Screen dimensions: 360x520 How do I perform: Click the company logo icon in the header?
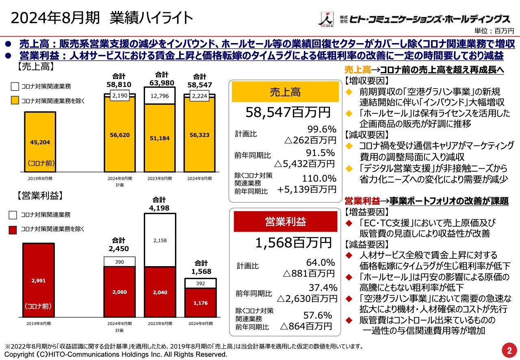[x=325, y=19]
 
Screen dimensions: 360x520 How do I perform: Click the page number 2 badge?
[x=509, y=349]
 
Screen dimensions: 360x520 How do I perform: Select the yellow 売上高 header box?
[x=285, y=92]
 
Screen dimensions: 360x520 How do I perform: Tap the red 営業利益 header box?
[x=285, y=221]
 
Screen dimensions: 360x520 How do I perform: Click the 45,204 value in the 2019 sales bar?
[x=40, y=142]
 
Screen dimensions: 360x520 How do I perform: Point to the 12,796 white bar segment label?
[x=160, y=96]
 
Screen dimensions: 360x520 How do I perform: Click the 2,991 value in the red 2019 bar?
[x=38, y=280]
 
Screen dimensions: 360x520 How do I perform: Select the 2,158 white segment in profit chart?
[x=160, y=241]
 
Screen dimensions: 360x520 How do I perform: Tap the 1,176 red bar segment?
[x=200, y=302]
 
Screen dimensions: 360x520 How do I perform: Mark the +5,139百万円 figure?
[x=307, y=189]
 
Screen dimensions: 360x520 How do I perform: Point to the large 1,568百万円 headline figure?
[x=293, y=243]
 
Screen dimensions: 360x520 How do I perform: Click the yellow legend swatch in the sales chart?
[x=15, y=100]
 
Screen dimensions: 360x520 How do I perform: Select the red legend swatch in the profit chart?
[x=13, y=229]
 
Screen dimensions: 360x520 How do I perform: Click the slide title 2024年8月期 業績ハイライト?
[x=102, y=18]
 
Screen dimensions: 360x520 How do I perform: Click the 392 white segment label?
[x=200, y=283]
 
